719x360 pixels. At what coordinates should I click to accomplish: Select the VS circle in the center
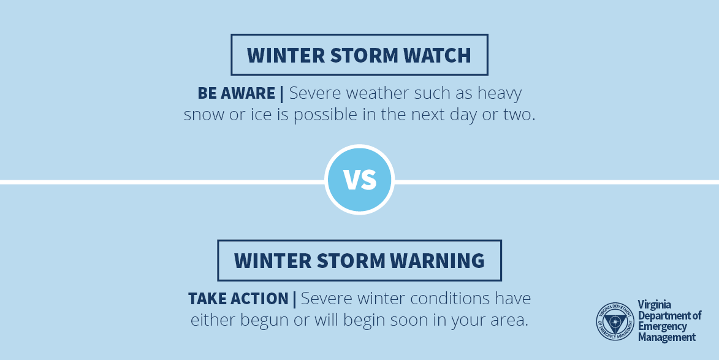pyautogui.click(x=359, y=179)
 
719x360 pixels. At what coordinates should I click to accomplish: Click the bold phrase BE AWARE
pyautogui.click(x=236, y=93)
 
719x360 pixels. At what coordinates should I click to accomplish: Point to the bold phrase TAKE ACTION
pyautogui.click(x=238, y=299)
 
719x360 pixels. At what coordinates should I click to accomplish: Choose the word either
pyautogui.click(x=213, y=320)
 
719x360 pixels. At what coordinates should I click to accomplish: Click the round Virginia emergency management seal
pyautogui.click(x=615, y=321)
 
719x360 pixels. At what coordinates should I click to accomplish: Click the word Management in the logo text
pyautogui.click(x=667, y=337)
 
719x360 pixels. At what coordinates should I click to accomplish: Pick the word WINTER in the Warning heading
pyautogui.click(x=273, y=261)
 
